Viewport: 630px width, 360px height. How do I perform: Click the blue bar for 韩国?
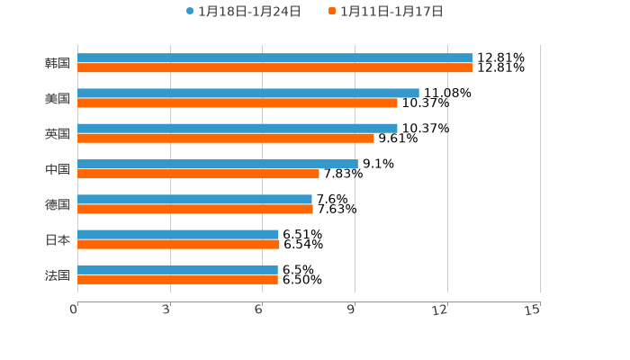274,58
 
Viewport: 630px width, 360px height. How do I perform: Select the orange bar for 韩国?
274,67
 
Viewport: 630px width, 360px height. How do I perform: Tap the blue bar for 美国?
248,93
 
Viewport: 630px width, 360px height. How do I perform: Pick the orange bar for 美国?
238,103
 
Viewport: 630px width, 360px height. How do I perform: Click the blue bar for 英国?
238,128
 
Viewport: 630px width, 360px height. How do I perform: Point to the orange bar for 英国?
226,138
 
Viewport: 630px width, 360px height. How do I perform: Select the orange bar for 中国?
198,174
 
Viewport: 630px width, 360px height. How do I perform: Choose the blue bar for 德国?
194,199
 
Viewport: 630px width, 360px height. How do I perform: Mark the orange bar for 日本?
178,244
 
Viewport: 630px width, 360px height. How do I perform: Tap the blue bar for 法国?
177,269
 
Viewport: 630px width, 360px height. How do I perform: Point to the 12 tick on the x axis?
440,310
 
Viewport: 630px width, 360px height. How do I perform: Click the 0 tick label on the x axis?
74,310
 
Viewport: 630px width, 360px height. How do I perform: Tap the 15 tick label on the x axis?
533,310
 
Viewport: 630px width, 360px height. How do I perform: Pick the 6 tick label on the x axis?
258,310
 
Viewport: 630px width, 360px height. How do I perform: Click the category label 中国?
58,169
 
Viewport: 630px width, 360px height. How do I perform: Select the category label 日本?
58,239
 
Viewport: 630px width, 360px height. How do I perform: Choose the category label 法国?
58,274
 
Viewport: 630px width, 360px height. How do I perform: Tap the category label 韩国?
58,63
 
